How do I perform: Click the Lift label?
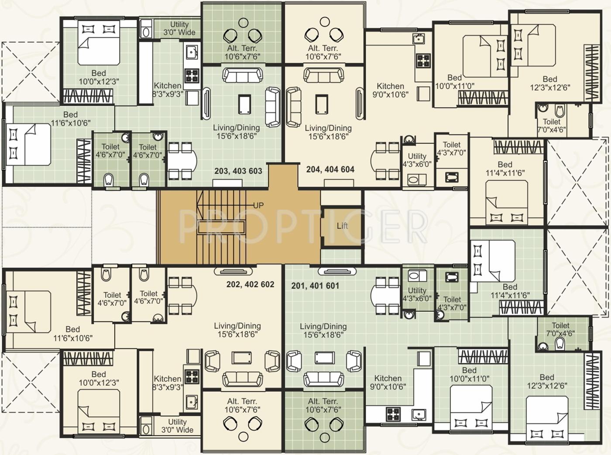(x=342, y=226)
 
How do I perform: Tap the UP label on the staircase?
(x=258, y=205)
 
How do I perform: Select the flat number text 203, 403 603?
(x=238, y=171)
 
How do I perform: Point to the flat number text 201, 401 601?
(x=315, y=286)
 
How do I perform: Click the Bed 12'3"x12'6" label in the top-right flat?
(x=550, y=83)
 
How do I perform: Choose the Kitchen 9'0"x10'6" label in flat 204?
(x=390, y=90)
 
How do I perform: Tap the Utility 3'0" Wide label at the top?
(x=179, y=28)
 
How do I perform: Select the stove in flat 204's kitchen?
(x=423, y=60)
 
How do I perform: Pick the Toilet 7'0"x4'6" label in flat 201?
(x=560, y=329)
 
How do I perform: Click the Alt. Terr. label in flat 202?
(x=242, y=405)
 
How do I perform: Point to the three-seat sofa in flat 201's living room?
(x=323, y=379)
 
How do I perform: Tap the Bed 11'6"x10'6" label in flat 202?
(x=73, y=334)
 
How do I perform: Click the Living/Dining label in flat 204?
(x=328, y=132)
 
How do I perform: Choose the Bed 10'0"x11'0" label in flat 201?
(x=469, y=375)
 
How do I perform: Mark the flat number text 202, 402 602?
(x=250, y=285)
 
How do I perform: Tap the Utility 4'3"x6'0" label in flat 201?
(x=417, y=294)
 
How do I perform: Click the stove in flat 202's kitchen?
(x=192, y=376)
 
